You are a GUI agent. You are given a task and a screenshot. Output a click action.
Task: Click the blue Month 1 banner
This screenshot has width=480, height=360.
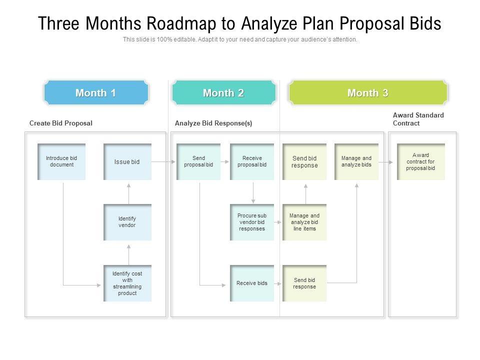tap(95, 93)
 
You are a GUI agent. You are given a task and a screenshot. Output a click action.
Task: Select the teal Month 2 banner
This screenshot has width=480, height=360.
tap(223, 93)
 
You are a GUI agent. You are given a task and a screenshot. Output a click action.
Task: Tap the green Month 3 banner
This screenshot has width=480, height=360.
tap(367, 93)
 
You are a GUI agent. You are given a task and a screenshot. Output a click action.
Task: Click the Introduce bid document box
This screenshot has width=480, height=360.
tap(61, 161)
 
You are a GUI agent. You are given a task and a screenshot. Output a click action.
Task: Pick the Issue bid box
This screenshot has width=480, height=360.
tap(127, 161)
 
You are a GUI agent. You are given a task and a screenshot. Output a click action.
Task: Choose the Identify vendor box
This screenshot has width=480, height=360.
tap(127, 222)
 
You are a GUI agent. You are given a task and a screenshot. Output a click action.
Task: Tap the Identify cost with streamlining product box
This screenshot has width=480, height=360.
tap(127, 283)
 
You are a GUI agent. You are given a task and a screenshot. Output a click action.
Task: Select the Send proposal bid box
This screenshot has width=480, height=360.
tap(198, 161)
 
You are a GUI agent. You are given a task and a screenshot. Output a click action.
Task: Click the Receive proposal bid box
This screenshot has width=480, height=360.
tap(252, 161)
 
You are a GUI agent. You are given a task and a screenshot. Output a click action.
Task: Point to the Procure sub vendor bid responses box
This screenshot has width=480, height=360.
tap(252, 222)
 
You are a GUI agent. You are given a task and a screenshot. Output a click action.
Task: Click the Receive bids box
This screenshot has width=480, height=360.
tap(252, 283)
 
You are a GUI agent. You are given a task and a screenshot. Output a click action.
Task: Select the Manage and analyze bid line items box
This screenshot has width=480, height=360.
tap(304, 222)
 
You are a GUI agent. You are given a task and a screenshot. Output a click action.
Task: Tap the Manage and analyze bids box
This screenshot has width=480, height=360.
tap(356, 161)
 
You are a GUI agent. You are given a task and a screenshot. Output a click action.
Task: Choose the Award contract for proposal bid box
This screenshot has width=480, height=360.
tap(420, 161)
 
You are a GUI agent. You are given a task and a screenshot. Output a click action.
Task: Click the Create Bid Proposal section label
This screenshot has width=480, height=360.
tap(61, 123)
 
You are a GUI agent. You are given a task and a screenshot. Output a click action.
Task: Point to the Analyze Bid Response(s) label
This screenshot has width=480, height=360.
tap(213, 123)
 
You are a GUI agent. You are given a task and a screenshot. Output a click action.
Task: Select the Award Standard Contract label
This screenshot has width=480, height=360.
tap(418, 119)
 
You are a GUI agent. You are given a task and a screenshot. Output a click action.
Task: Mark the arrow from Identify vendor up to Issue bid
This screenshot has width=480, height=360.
tap(128, 192)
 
